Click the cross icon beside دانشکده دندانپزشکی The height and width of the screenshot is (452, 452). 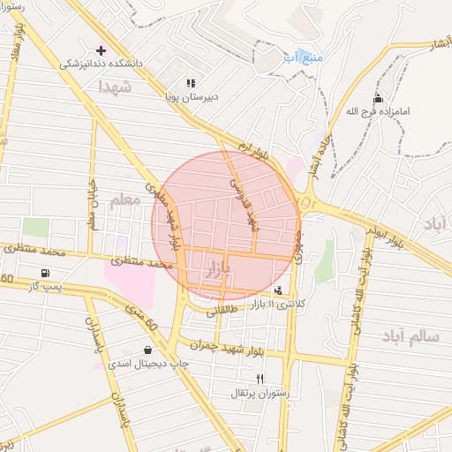pyautogui.click(x=101, y=49)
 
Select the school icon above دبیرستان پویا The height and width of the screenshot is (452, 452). pyautogui.click(x=191, y=83)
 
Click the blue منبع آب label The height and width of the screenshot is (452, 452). pyautogui.click(x=303, y=57)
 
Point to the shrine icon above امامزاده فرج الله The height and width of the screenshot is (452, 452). pyautogui.click(x=378, y=98)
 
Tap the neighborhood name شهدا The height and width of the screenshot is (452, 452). pyautogui.click(x=116, y=87)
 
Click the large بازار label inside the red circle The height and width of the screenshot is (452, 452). pyautogui.click(x=217, y=267)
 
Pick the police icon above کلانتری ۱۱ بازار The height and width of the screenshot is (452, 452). pyautogui.click(x=279, y=290)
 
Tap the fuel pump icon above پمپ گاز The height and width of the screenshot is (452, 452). pyautogui.click(x=45, y=273)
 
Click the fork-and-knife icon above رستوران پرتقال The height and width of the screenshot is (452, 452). pyautogui.click(x=260, y=379)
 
